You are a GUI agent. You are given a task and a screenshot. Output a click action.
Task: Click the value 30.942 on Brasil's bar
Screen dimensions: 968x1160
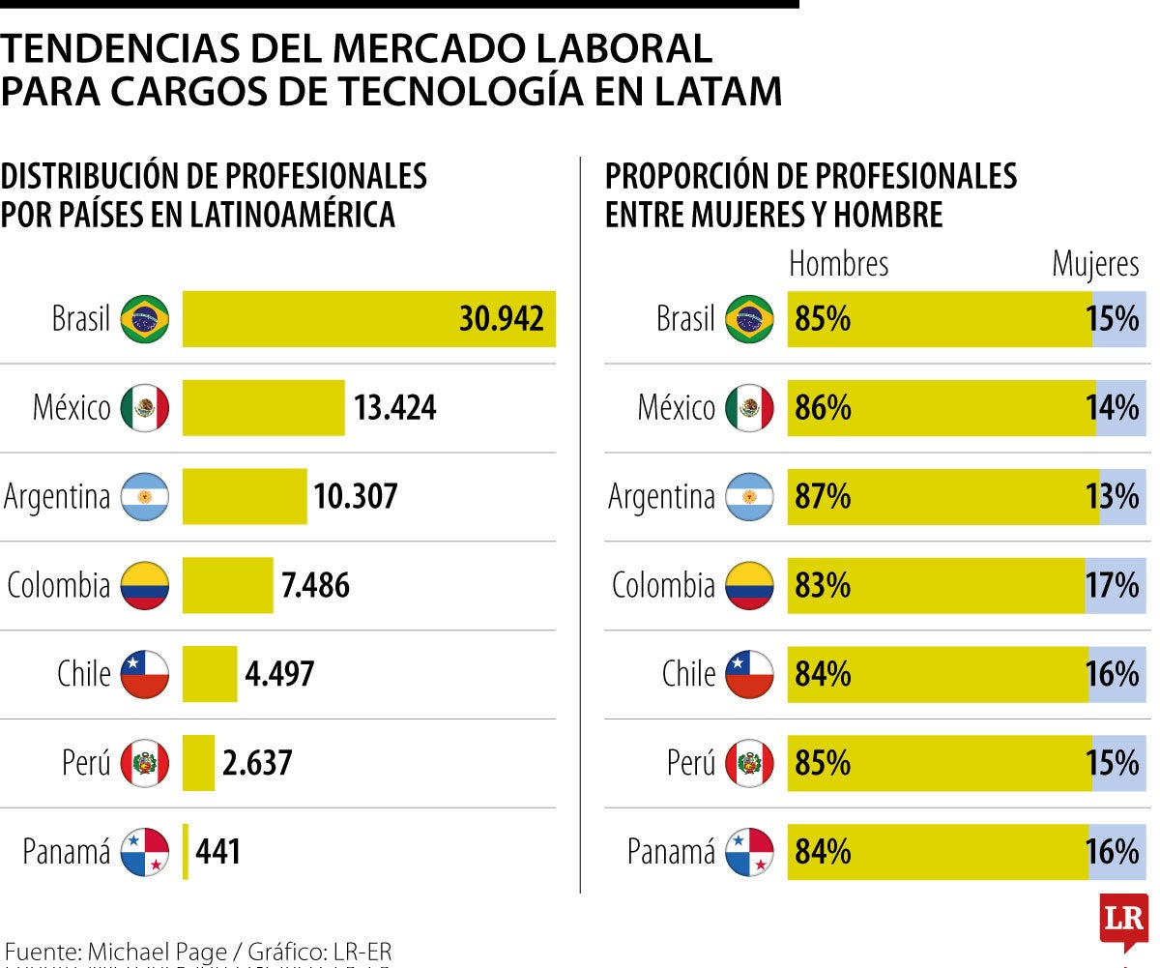(501, 318)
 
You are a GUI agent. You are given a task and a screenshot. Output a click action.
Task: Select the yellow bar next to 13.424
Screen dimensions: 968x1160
(263, 407)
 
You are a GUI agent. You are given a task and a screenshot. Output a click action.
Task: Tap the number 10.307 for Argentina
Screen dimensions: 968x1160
(355, 496)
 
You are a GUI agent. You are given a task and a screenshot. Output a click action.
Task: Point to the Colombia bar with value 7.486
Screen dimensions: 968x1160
(227, 585)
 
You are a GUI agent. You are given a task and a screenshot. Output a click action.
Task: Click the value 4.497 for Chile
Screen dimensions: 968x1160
(279, 674)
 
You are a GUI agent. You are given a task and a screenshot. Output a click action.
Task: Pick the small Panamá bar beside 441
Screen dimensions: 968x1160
(186, 852)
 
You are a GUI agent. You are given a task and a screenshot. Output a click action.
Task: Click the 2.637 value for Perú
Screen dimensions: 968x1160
(256, 763)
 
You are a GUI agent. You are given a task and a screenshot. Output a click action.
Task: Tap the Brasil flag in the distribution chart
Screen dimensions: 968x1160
(145, 319)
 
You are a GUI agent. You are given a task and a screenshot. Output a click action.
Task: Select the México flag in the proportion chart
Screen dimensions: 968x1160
(749, 408)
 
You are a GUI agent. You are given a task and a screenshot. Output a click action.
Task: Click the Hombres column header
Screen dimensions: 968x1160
(838, 264)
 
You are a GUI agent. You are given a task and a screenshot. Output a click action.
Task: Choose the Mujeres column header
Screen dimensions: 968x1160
(1095, 264)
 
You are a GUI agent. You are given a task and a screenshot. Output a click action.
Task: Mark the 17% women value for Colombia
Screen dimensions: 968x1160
(1113, 585)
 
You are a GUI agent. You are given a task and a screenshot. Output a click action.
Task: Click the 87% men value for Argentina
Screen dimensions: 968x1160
(823, 496)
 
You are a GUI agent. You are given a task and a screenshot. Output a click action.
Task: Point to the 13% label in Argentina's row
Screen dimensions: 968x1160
(1113, 496)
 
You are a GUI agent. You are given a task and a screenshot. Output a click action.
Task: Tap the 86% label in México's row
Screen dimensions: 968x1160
(823, 407)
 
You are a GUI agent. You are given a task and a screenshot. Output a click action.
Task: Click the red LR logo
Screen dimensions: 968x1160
(1123, 921)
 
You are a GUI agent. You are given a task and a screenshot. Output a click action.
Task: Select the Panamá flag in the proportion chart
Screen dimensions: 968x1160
(749, 852)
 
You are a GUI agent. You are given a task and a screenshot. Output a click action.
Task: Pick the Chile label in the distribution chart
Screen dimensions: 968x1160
(84, 674)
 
